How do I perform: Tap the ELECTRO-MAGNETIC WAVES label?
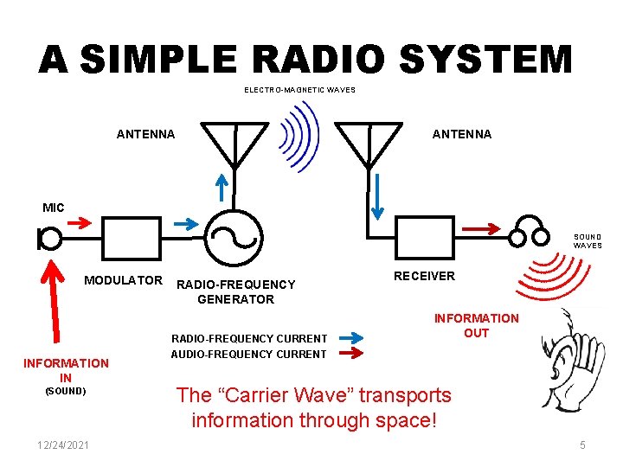[299, 90]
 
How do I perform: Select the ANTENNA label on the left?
[145, 134]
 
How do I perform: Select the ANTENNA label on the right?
[462, 134]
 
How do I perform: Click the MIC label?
[54, 208]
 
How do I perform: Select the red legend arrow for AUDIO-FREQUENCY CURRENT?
[350, 353]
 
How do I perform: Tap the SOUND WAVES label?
[588, 240]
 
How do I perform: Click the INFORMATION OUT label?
[476, 325]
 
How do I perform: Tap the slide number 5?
[582, 445]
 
